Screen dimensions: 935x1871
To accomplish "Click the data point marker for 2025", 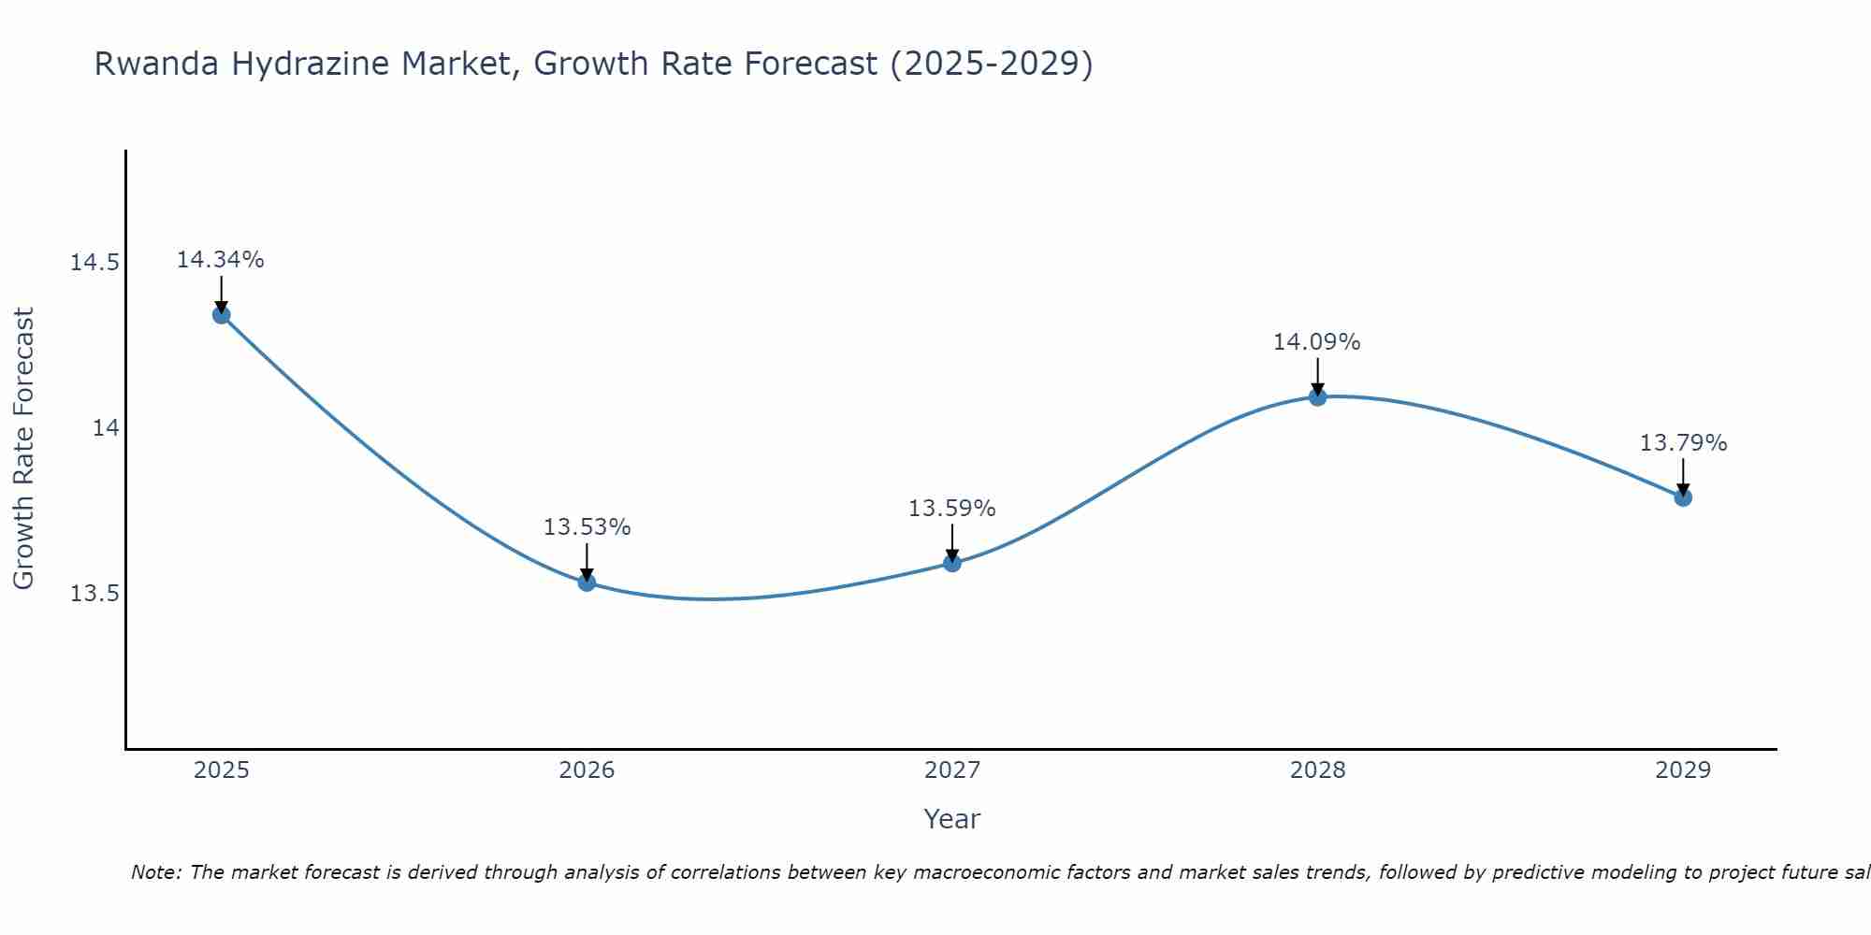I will [x=222, y=314].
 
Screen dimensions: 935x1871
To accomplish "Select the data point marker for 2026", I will [x=587, y=583].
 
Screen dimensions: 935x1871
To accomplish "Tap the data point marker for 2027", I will [x=952, y=563].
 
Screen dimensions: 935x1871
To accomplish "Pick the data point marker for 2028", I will [x=1317, y=396].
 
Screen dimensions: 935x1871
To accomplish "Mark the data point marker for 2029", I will [x=1683, y=497].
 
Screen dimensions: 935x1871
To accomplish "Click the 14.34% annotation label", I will [x=221, y=260].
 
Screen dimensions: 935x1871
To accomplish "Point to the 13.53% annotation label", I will [x=587, y=527].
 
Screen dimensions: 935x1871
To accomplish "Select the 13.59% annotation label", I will [x=952, y=509].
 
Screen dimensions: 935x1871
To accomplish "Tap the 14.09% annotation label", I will [x=1316, y=342].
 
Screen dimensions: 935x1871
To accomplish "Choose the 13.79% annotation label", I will [x=1683, y=443].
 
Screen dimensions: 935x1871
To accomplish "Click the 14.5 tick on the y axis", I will [x=94, y=263].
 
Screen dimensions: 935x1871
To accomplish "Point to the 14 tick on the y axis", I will [x=106, y=428].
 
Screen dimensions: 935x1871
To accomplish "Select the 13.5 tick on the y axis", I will [x=94, y=595].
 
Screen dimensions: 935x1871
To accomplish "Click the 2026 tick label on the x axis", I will [x=587, y=770].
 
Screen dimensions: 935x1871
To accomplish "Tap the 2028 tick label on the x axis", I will [x=1317, y=770].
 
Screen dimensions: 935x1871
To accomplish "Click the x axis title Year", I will [x=951, y=819].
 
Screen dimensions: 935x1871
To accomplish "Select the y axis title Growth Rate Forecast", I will [x=23, y=449].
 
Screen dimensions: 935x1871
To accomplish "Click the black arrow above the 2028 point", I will [x=1317, y=376].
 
